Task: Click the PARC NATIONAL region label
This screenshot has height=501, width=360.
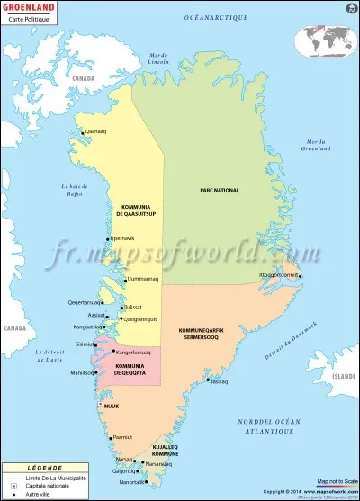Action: coord(220,191)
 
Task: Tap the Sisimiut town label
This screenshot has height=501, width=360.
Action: coord(86,344)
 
